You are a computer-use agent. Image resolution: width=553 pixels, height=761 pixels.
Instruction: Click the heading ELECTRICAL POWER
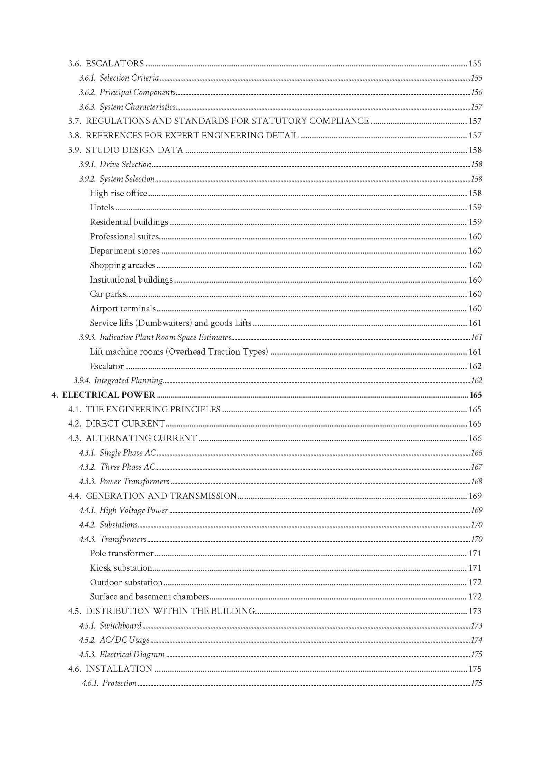click(109, 395)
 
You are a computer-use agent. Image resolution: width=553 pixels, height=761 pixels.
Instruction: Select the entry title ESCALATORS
click(114, 63)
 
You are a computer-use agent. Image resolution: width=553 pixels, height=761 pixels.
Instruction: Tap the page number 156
click(476, 92)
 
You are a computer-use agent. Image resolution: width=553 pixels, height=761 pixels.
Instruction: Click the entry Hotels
click(102, 208)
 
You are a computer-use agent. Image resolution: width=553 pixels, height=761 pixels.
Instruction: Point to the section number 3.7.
click(74, 121)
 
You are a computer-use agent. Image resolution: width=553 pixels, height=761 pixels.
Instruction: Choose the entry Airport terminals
click(123, 309)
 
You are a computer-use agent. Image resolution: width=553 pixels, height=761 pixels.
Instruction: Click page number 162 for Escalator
click(475, 366)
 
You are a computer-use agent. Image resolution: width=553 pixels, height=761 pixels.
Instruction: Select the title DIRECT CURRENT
click(125, 424)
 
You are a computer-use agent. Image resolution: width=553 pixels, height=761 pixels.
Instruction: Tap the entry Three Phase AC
click(128, 467)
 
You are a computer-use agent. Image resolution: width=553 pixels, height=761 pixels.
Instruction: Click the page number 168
click(476, 482)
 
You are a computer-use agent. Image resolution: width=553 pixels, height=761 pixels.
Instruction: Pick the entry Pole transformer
click(121, 553)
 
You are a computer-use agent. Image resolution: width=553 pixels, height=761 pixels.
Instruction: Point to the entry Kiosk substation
click(121, 568)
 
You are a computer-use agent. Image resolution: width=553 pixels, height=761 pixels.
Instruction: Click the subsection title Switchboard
click(121, 626)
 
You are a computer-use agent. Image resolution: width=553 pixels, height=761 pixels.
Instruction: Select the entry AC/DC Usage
click(124, 640)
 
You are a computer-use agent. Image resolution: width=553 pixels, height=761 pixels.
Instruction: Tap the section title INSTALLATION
click(119, 669)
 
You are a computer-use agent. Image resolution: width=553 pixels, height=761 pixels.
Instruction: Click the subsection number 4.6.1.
click(90, 683)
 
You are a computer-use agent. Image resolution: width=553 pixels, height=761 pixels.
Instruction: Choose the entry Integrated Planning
click(128, 381)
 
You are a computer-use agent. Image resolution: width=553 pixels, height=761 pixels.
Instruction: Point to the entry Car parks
click(108, 294)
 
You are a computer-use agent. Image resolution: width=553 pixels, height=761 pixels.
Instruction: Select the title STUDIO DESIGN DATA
click(134, 150)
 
